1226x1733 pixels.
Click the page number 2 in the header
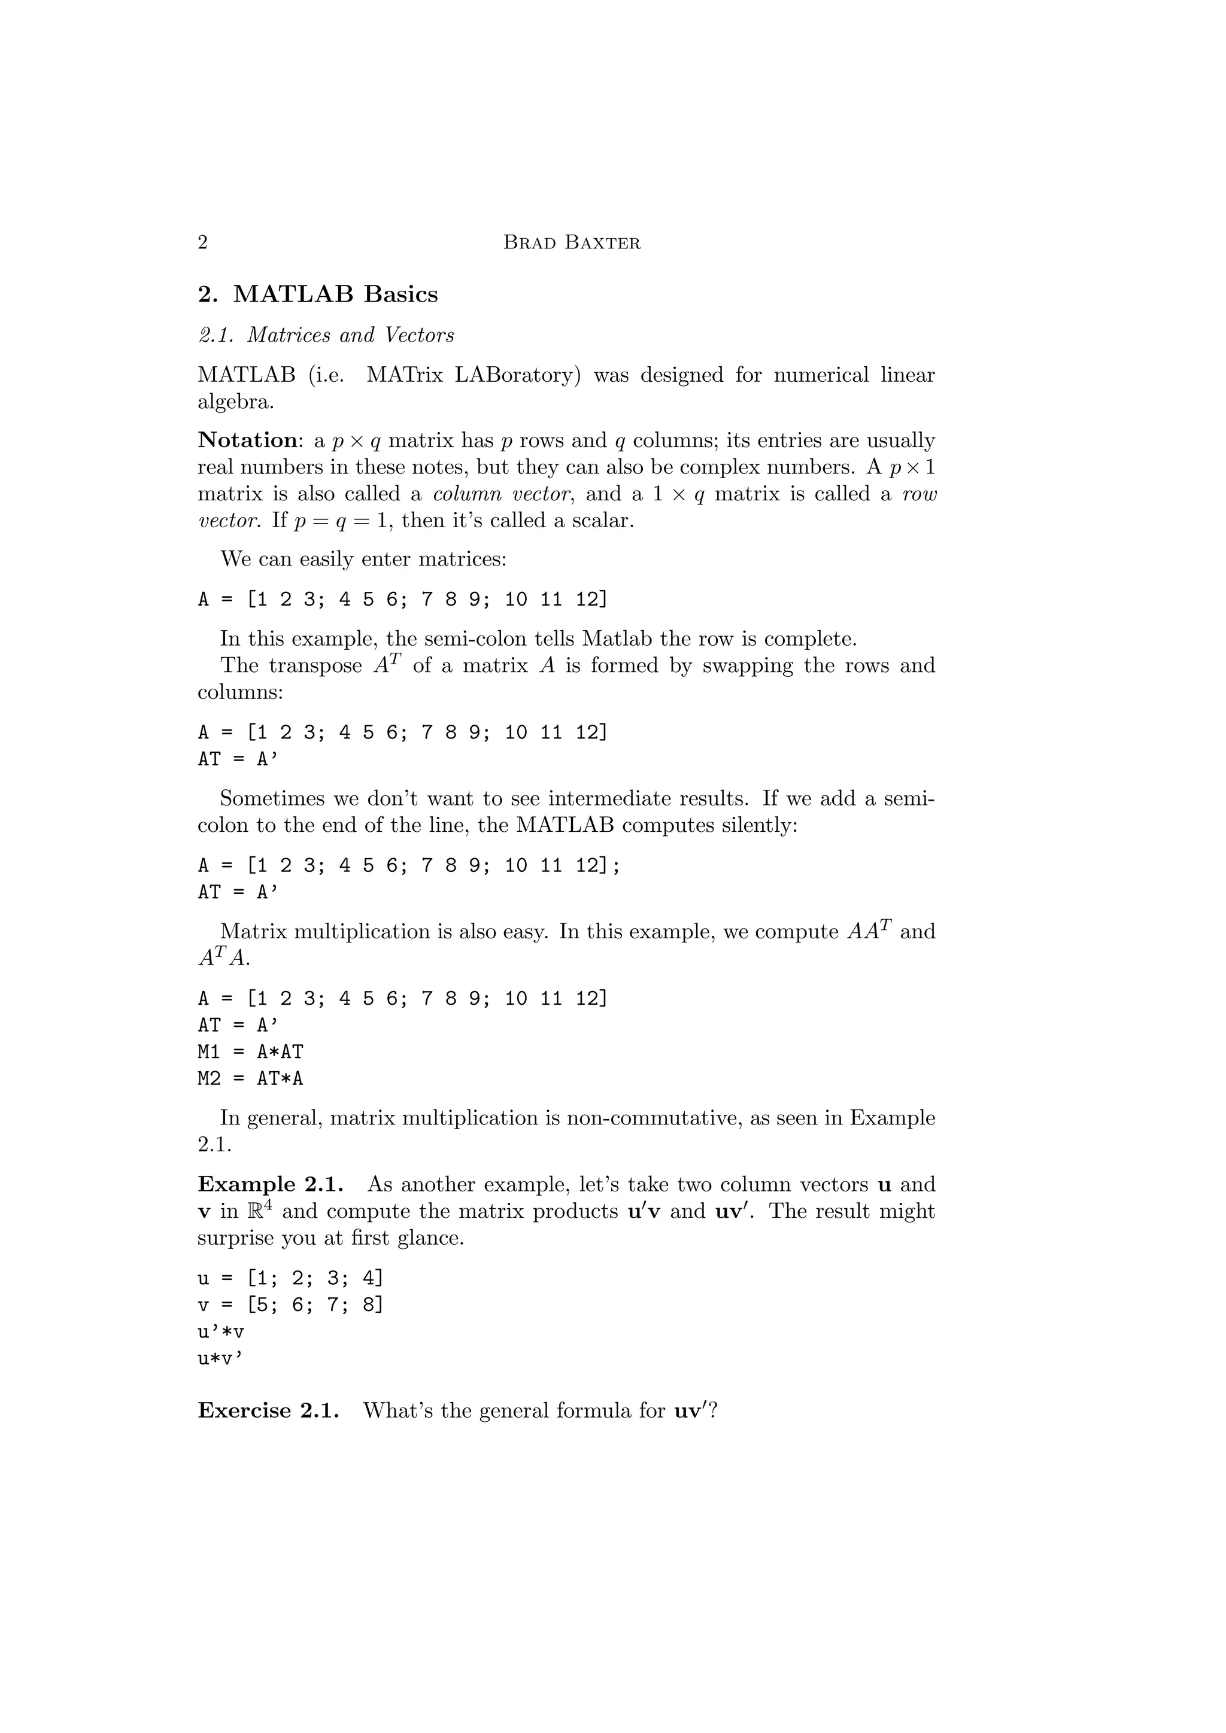pyautogui.click(x=202, y=242)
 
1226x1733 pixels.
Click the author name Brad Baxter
pyautogui.click(x=572, y=243)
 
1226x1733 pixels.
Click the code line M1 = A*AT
pyautogui.click(x=251, y=1051)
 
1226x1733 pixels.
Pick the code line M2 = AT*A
pyautogui.click(x=251, y=1078)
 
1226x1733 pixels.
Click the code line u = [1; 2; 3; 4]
pyautogui.click(x=291, y=1278)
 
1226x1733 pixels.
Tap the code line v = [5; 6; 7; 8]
pyautogui.click(x=291, y=1305)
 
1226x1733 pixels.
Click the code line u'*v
pyautogui.click(x=221, y=1331)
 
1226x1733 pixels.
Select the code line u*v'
pyautogui.click(x=221, y=1358)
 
